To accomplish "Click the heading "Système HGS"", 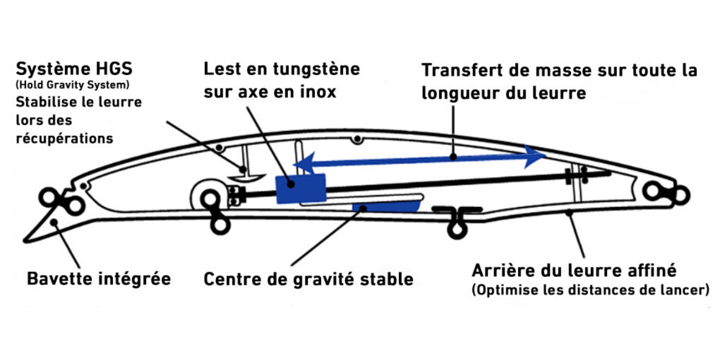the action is [x=74, y=69].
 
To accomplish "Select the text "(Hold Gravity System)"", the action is [x=72, y=85].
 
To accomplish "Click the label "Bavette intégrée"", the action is [x=99, y=279].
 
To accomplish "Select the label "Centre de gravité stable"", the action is [x=309, y=279].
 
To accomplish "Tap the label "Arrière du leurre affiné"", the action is [x=574, y=270].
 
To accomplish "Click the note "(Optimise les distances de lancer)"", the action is [x=590, y=290].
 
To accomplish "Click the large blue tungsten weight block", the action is [x=301, y=189].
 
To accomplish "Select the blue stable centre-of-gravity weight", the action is [x=387, y=207].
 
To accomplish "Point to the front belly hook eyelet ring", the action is [x=220, y=225].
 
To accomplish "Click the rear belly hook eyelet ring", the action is [x=457, y=230].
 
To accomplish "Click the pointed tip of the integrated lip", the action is [x=24, y=241].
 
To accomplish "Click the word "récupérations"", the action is [x=65, y=139].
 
